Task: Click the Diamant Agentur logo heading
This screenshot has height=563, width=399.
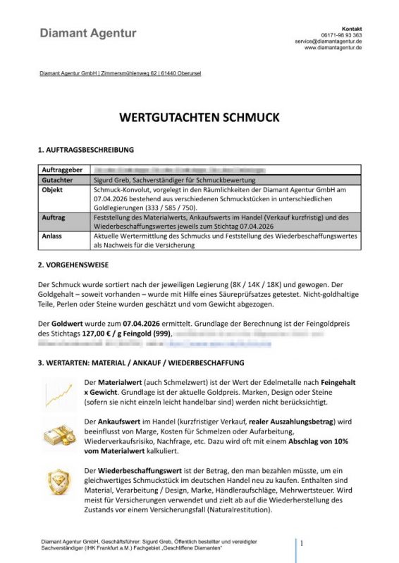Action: pyautogui.click(x=88, y=33)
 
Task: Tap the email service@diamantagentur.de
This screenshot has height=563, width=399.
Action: pyautogui.click(x=329, y=42)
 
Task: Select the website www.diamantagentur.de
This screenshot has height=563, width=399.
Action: pyautogui.click(x=333, y=49)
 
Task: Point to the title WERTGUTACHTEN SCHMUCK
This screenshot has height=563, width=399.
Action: pyautogui.click(x=199, y=117)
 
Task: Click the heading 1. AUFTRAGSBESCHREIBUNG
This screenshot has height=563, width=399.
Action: pyautogui.click(x=85, y=150)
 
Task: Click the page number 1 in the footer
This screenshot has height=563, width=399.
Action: pyautogui.click(x=302, y=544)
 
